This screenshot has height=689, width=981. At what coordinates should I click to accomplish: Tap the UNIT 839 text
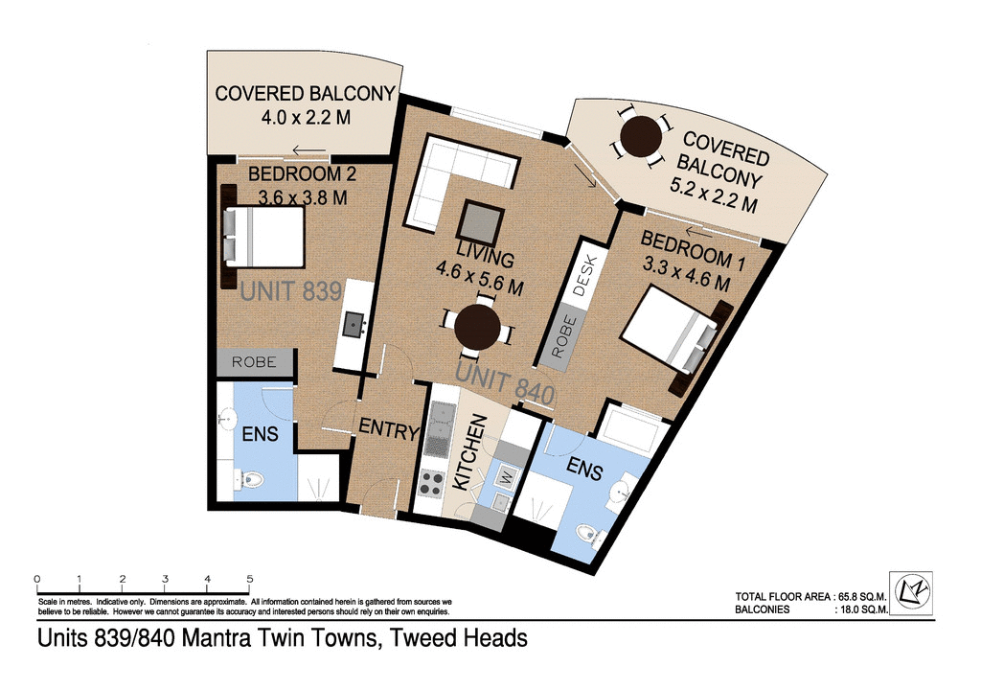point(290,291)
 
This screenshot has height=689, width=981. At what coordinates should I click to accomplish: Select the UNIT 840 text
point(506,383)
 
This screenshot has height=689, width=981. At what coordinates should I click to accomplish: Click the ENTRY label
point(389,429)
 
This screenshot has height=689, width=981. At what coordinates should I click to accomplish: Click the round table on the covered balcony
point(640,138)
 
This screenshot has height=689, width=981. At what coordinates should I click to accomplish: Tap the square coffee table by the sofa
point(480,224)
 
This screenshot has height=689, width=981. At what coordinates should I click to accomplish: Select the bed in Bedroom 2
point(265,237)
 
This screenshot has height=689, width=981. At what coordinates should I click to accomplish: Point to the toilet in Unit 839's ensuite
point(251,478)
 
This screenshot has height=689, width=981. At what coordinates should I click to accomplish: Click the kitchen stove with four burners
point(432,480)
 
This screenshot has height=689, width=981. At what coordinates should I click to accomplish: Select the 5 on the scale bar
point(250,579)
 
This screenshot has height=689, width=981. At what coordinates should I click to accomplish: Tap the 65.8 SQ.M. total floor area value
point(858,595)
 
